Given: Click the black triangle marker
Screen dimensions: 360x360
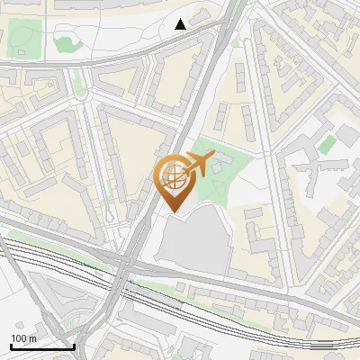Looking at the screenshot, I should point(181,23).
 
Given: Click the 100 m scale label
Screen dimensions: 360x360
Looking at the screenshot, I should point(23,338).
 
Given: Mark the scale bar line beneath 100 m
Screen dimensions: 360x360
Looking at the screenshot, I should point(41,346).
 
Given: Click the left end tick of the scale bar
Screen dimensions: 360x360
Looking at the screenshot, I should point(10,345).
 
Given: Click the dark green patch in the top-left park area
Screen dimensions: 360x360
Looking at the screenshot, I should point(65,40).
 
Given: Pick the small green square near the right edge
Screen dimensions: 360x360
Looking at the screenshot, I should point(328,143).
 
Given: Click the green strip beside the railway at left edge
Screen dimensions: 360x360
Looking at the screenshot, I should point(27,240).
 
